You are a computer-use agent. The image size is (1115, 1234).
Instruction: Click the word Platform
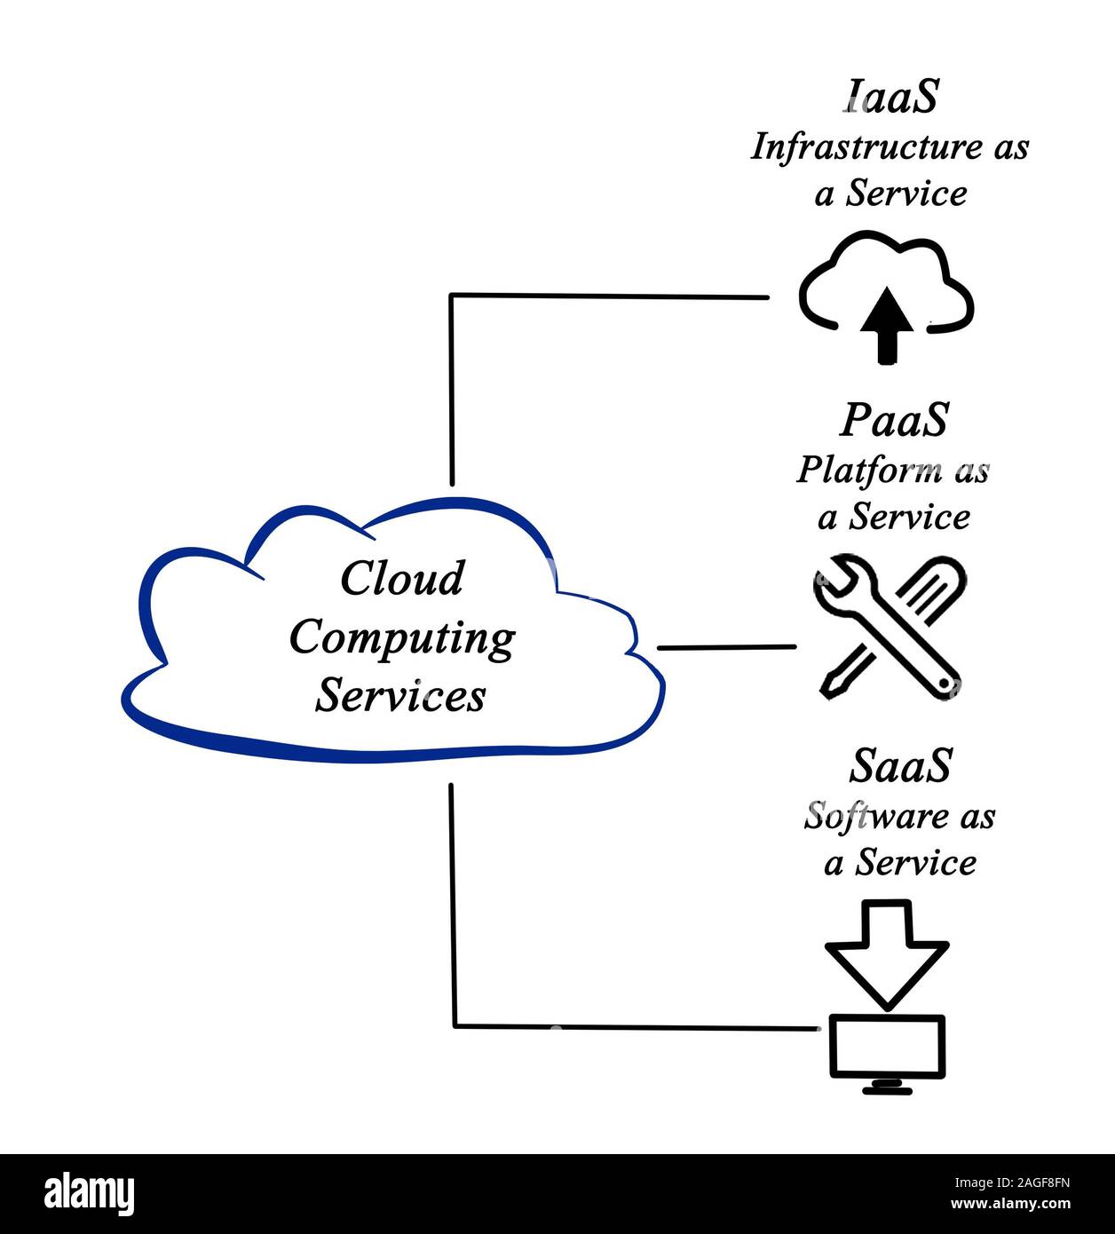[857, 471]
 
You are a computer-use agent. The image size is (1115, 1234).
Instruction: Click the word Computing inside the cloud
[402, 638]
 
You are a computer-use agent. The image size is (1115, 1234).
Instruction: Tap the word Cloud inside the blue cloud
[402, 579]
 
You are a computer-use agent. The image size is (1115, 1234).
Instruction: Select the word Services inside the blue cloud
[401, 695]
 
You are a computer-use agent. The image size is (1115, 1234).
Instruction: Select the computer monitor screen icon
[887, 1046]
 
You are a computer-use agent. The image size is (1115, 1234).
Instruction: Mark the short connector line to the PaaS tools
[726, 647]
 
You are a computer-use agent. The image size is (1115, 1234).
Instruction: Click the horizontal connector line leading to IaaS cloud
[609, 296]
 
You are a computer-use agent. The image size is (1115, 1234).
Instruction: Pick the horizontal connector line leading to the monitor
[635, 1027]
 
